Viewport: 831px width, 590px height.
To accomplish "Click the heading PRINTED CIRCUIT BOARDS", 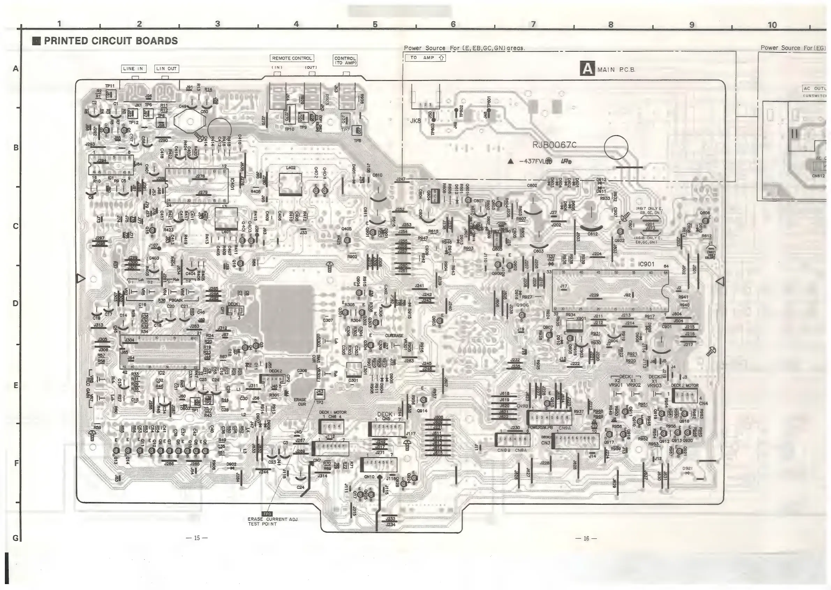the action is pos(111,41).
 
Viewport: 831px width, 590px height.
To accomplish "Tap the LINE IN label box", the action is pos(134,69).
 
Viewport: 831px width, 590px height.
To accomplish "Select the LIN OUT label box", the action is pos(167,69).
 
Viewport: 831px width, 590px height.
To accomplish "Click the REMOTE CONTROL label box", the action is pos(292,58).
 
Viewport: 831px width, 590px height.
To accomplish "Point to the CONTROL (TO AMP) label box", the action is pos(345,60).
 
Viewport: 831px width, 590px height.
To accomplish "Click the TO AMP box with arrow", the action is pos(425,58).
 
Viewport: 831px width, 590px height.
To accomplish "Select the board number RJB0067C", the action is pos(554,145).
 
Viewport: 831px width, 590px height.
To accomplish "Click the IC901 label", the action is pos(646,264).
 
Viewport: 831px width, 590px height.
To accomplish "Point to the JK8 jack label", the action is pos(415,120).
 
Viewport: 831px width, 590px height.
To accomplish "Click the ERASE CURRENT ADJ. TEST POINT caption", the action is pos(273,521).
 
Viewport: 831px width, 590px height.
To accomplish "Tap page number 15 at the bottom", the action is pos(196,538).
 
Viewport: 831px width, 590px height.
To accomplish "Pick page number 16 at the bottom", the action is pos(586,538).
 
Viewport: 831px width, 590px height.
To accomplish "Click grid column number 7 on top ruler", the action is pos(533,24).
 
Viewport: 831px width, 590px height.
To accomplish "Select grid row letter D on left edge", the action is pos(15,303).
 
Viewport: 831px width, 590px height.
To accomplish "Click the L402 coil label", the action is pos(291,168).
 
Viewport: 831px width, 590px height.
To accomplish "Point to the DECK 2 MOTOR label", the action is pos(685,385).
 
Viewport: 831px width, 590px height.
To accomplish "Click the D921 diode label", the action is pos(688,469).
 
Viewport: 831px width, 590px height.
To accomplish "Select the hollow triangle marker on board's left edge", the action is pos(81,279).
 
